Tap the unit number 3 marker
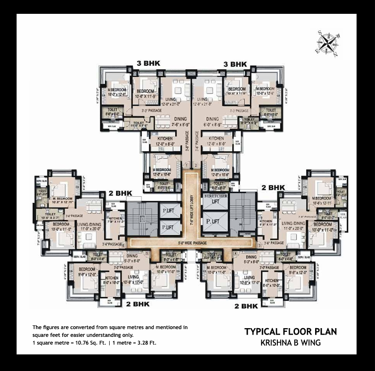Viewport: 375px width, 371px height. pos(259,246)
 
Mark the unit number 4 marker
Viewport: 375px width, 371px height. pos(235,253)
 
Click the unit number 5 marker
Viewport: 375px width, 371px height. pos(146,253)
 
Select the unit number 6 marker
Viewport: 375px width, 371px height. pos(124,246)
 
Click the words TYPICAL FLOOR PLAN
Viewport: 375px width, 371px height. pos(290,331)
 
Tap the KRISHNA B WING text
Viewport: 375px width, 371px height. pos(290,342)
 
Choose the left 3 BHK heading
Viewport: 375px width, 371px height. pos(147,64)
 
